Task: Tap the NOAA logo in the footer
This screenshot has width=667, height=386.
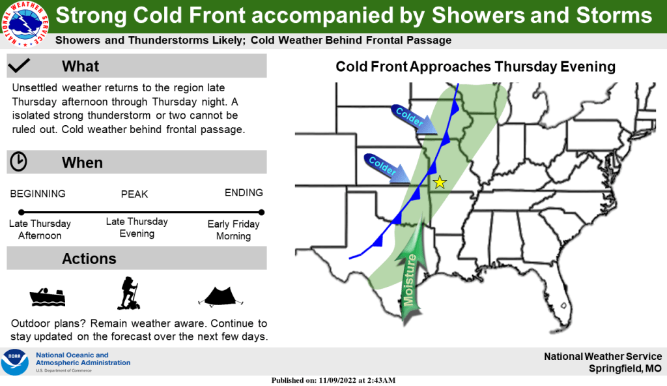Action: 15,362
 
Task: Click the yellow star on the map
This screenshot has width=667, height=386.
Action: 440,183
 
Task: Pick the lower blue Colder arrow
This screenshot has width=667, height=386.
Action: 387,168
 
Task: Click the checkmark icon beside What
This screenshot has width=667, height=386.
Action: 19,65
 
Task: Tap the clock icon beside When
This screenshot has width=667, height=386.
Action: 19,162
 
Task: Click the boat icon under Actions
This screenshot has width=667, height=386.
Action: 48,297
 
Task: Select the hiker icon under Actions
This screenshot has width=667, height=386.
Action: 128,293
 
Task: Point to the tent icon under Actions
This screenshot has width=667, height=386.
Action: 221,297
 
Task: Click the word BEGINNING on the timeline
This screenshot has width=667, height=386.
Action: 38,194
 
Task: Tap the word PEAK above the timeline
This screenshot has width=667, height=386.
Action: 134,194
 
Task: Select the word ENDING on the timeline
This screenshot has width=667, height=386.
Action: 244,193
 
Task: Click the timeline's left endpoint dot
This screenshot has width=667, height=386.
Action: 21,212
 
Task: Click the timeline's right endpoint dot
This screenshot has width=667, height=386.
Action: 261,212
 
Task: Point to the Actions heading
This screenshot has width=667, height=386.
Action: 89,259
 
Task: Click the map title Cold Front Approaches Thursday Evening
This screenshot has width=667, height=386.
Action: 475,67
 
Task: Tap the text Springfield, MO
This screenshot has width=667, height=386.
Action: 625,368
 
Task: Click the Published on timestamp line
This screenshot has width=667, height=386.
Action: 333,380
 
